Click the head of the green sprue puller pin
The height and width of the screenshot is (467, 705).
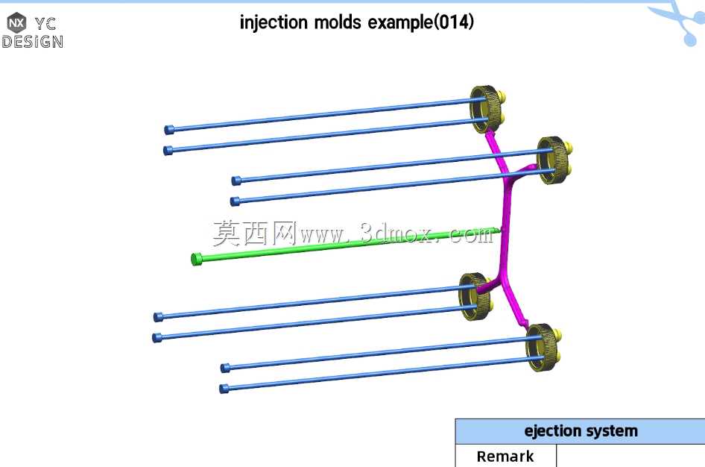[196, 259]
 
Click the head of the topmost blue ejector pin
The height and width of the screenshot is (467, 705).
[169, 130]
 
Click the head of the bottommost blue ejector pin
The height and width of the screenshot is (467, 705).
[224, 389]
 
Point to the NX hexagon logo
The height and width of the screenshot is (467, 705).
[16, 22]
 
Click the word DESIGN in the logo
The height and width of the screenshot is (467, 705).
[32, 42]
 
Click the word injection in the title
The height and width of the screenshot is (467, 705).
[274, 22]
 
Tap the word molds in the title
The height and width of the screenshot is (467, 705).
[337, 22]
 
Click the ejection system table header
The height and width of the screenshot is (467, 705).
[581, 431]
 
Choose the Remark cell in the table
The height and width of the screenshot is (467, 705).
[505, 456]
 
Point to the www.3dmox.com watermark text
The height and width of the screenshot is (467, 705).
[396, 234]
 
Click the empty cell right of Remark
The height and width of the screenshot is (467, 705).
[630, 456]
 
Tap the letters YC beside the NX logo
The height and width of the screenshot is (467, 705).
[45, 23]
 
